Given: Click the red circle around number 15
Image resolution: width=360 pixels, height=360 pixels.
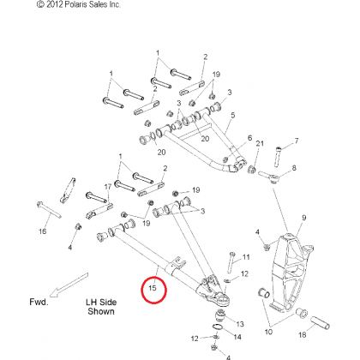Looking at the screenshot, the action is (x=142, y=291).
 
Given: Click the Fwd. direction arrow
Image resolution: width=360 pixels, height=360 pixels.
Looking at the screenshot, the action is (x=69, y=285).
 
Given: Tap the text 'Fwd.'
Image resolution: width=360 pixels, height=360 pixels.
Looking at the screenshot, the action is (x=39, y=302).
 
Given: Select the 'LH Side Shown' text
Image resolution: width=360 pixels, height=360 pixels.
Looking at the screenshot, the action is (x=101, y=307).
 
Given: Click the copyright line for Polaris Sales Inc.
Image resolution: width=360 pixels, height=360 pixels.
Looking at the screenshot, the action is (x=79, y=4).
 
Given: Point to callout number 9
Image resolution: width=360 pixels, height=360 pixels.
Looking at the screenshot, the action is (x=304, y=218).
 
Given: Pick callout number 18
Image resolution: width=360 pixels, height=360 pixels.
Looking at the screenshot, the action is (x=303, y=334).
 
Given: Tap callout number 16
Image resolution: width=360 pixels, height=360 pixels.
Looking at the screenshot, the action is (x=42, y=231).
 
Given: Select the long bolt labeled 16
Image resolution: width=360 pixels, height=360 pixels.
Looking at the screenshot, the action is (x=49, y=210).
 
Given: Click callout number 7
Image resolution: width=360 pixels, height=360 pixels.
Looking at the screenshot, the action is (x=297, y=141).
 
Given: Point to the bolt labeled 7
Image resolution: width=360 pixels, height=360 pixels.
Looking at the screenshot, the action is (x=278, y=157).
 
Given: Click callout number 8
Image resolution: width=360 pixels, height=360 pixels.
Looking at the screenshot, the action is (x=294, y=168).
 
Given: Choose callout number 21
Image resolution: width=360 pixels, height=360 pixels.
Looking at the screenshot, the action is (x=260, y=143).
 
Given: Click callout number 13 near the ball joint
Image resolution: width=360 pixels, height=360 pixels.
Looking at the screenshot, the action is (x=240, y=324).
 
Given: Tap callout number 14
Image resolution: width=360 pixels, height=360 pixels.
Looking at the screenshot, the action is (x=237, y=337).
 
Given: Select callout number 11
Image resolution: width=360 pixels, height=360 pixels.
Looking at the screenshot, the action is (x=246, y=257).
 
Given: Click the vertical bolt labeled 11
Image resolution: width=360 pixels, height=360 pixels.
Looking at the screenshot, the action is (x=231, y=262).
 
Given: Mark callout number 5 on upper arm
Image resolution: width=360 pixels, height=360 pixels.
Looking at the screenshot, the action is (x=233, y=115).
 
